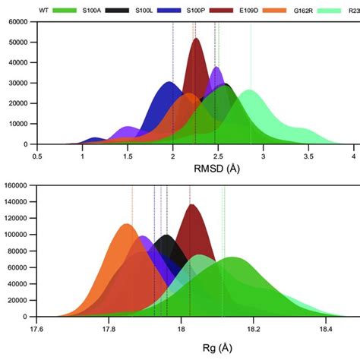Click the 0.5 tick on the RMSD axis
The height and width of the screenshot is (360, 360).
36,155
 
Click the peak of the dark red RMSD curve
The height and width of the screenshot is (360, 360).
196,39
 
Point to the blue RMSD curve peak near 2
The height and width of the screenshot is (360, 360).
170,82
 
